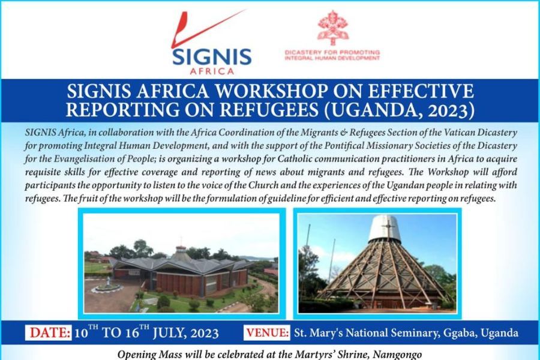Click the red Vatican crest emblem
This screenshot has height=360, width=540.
[332, 28]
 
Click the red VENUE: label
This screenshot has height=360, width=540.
[268, 332]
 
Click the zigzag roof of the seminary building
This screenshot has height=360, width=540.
[180, 264]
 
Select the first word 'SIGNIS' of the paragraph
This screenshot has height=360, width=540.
[41, 131]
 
